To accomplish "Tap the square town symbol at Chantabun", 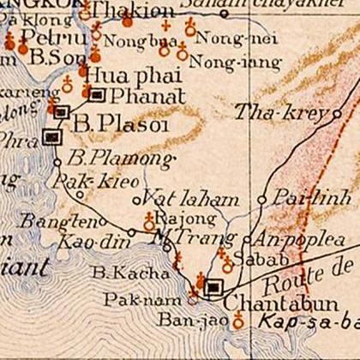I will (214, 288).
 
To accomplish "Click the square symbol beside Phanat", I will (98, 94).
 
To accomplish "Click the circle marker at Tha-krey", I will (338, 112).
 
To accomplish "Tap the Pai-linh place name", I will (300, 198).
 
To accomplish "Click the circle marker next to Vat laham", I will (137, 201).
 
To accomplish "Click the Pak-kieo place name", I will (82, 182).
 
